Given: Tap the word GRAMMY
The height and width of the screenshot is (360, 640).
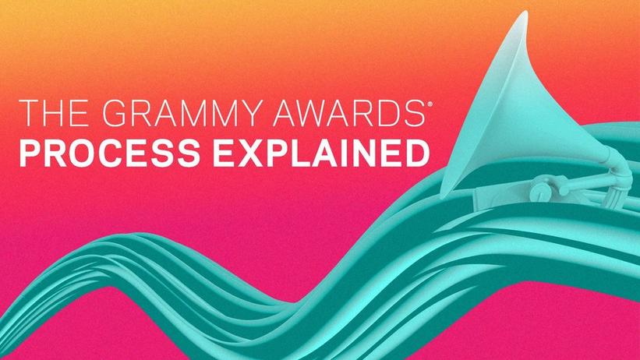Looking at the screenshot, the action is pos(180,113).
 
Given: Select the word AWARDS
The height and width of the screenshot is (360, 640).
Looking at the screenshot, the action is pos(348,113).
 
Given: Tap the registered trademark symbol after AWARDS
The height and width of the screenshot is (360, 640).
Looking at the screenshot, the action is pos(428,104).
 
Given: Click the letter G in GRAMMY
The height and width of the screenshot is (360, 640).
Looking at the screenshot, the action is pos(115,113).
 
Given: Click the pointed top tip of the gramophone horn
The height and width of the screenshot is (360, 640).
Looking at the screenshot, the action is pos(525,12).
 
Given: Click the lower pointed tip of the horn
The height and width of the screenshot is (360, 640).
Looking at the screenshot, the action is pos(442,193).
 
